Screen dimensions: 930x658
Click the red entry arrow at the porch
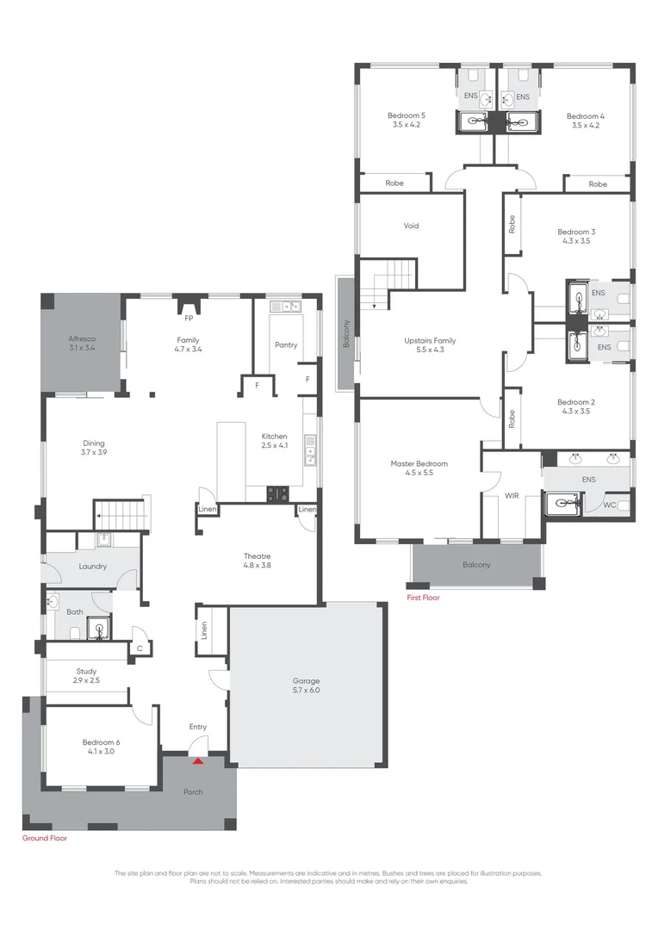[x=198, y=760]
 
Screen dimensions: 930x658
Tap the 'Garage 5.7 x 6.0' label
[x=307, y=685]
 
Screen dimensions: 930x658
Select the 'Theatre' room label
[x=257, y=556]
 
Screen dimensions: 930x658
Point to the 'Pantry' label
[x=286, y=345]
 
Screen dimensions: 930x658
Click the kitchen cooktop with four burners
[x=278, y=493]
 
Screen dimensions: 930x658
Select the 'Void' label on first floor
[x=411, y=226]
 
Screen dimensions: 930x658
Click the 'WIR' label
[x=511, y=496]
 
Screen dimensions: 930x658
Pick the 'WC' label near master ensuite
[x=609, y=505]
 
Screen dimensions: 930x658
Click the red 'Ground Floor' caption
[x=44, y=838]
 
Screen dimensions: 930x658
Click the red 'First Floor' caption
[x=423, y=597]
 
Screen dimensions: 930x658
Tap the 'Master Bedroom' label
[x=419, y=463]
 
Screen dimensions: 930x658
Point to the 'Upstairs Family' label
[x=430, y=341]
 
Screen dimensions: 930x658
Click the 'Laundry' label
[x=91, y=567]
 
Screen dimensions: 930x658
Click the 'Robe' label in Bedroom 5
[x=394, y=183]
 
